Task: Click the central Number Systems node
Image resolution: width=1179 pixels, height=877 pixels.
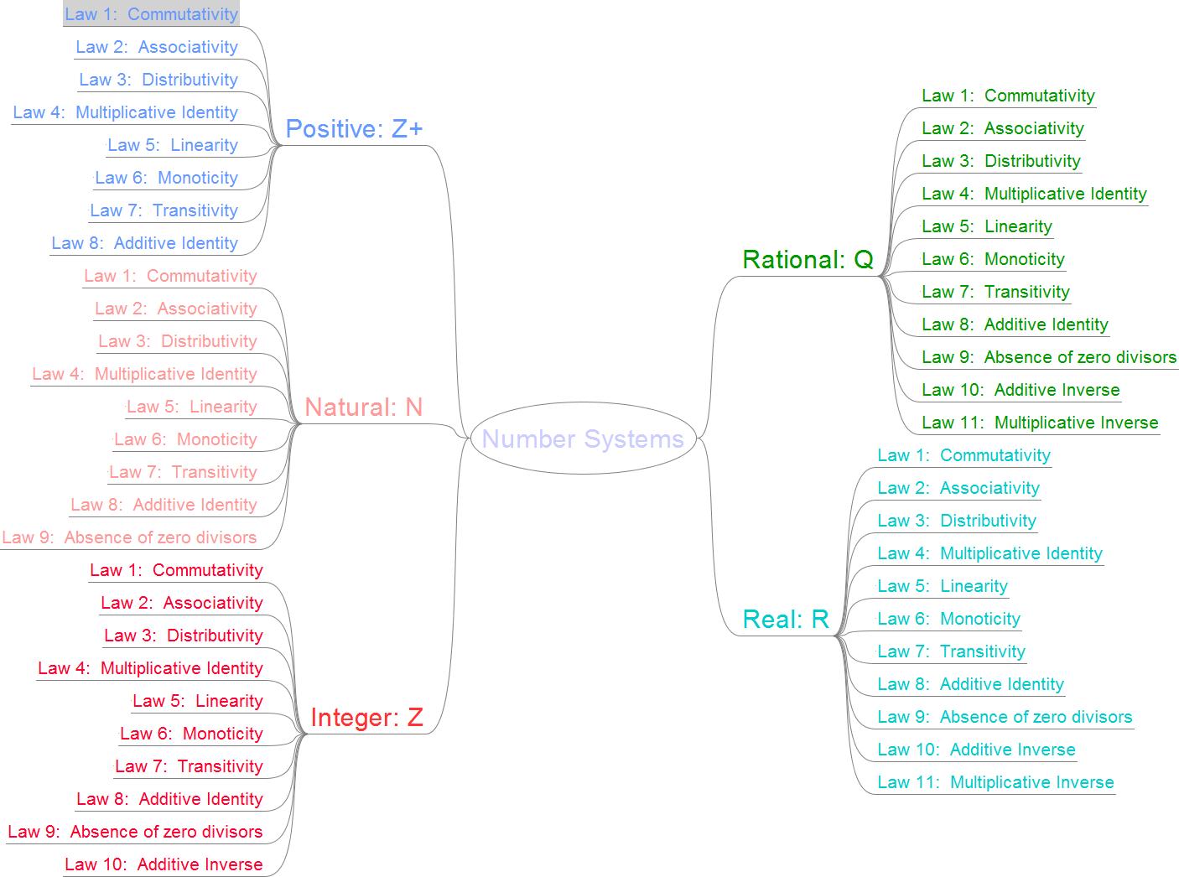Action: (x=583, y=438)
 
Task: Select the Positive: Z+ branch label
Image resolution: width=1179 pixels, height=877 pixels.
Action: (x=354, y=129)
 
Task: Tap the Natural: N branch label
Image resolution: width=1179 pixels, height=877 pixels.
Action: (x=363, y=407)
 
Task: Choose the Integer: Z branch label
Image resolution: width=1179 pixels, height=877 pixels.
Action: (x=366, y=718)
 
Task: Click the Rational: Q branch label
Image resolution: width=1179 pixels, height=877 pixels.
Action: (x=808, y=260)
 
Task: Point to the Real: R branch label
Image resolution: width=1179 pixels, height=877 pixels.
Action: (x=786, y=620)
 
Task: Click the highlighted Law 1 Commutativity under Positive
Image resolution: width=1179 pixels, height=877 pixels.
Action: (x=151, y=14)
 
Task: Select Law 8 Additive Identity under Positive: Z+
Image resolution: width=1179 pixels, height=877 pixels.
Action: (x=144, y=243)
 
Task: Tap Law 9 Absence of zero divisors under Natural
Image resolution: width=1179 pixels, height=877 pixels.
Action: (x=129, y=537)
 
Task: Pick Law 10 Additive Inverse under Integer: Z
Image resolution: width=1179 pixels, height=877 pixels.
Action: (x=164, y=864)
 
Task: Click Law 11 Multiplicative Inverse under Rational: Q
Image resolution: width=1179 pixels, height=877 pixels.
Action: (x=1040, y=423)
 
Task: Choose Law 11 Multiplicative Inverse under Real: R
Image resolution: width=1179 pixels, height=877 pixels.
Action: (x=995, y=782)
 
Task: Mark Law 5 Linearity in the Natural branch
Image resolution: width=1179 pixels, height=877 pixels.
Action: (x=191, y=407)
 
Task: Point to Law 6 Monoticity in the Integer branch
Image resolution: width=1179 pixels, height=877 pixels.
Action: (x=191, y=734)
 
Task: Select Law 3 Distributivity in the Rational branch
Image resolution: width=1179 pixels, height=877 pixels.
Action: (x=1000, y=161)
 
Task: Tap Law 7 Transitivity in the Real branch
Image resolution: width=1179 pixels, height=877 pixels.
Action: (x=951, y=651)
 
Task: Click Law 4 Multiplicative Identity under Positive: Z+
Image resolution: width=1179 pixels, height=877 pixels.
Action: (x=126, y=112)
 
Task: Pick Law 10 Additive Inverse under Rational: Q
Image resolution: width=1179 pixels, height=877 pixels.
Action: (x=1021, y=390)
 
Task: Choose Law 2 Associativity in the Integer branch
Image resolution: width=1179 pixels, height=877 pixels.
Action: (x=181, y=603)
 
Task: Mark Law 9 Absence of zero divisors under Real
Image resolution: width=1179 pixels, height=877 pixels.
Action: (x=1005, y=717)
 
